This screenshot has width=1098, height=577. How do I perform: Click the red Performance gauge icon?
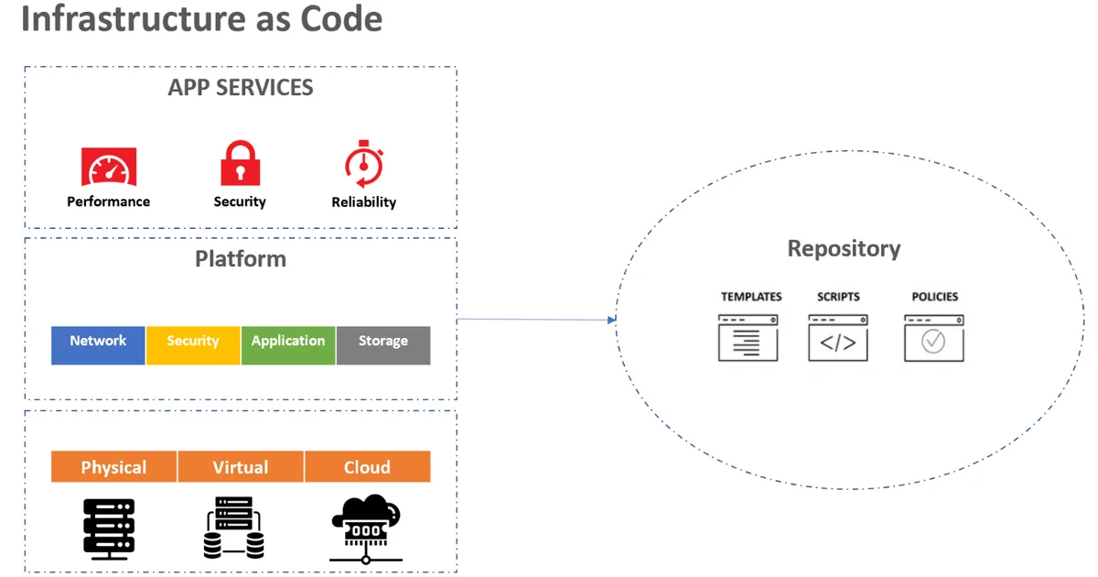109,167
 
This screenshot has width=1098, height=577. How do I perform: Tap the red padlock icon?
240,164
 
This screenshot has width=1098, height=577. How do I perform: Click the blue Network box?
98,345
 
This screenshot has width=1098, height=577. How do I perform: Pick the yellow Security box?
193,345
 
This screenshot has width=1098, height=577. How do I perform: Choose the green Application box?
288,345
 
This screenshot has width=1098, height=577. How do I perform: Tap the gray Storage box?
383,345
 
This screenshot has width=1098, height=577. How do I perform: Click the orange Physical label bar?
113,467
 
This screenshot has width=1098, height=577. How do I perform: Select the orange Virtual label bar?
241,467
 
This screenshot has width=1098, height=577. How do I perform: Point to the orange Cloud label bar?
367,467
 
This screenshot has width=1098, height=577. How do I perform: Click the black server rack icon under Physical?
109,528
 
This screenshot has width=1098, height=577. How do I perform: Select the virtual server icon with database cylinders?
233,528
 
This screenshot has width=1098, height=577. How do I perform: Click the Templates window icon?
748,337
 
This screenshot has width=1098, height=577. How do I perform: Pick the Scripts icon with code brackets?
838,337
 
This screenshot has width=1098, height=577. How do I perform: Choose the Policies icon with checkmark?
933,337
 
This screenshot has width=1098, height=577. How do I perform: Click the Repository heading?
844,248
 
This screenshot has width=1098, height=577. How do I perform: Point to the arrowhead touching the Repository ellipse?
610,320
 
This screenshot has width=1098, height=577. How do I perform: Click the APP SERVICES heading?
241,88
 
